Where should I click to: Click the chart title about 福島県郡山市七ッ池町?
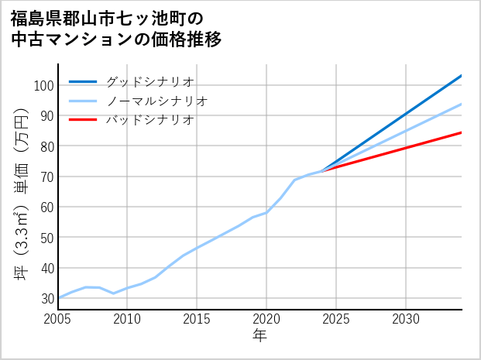[116, 29]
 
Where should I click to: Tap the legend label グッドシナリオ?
[149, 81]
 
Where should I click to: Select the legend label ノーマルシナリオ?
[156, 101]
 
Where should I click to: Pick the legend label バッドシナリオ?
[149, 120]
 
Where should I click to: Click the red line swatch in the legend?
[83, 120]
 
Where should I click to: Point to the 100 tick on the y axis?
[43, 85]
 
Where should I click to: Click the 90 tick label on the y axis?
[46, 115]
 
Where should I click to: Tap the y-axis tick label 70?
[46, 177]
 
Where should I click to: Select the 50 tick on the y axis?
[46, 238]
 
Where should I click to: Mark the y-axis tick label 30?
[46, 298]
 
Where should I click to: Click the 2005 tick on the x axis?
[58, 319]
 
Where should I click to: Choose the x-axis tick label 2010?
[128, 319]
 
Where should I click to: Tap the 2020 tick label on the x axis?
[266, 319]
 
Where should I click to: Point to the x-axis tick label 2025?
[336, 319]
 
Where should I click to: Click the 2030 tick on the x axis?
[406, 319]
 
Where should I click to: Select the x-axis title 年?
[260, 336]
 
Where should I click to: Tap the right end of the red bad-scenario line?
[461, 132]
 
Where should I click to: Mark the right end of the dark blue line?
[461, 76]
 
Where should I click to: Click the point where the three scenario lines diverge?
[322, 170]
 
